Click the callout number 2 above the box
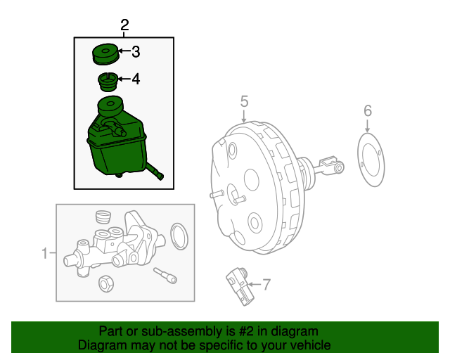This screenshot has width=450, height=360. pyautogui.click(x=124, y=26)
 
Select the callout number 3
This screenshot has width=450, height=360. pyautogui.click(x=135, y=51)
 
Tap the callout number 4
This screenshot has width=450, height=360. pyautogui.click(x=135, y=79)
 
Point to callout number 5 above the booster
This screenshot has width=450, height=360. pyautogui.click(x=244, y=101)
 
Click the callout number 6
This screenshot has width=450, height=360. pyautogui.click(x=367, y=110)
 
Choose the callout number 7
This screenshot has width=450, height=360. pyautogui.click(x=266, y=285)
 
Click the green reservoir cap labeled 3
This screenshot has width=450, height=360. pyautogui.click(x=106, y=54)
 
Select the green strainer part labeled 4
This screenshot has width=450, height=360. pyautogui.click(x=106, y=82)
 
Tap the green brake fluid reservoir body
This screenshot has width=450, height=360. pyautogui.click(x=112, y=144)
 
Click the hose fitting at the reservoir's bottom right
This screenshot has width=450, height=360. pyautogui.click(x=160, y=174)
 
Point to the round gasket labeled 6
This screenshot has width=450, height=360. pyautogui.click(x=371, y=162)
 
